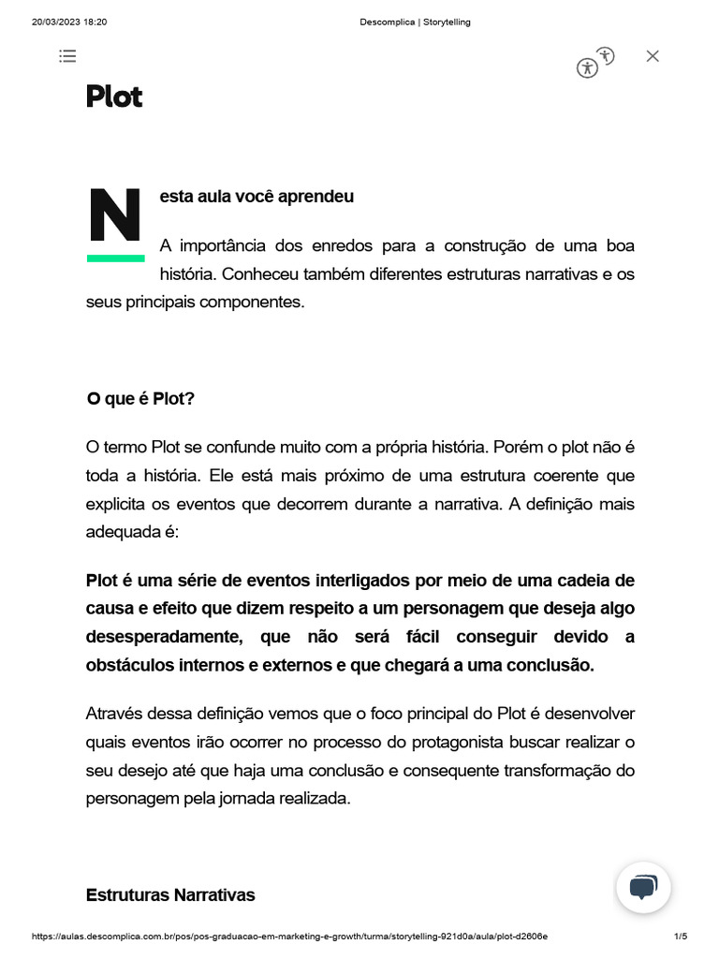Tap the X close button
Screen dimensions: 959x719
(653, 56)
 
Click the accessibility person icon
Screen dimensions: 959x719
(587, 67)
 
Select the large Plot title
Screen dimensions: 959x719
(114, 96)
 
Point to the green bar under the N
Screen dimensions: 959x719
(115, 258)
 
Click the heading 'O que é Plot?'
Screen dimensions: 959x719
(140, 399)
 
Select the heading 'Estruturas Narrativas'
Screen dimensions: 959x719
(170, 894)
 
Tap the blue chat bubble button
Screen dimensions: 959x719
(643, 886)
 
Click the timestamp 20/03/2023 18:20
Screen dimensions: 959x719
(69, 22)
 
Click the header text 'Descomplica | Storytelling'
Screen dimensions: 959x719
(415, 22)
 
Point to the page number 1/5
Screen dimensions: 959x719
(681, 937)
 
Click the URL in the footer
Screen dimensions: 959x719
(289, 937)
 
